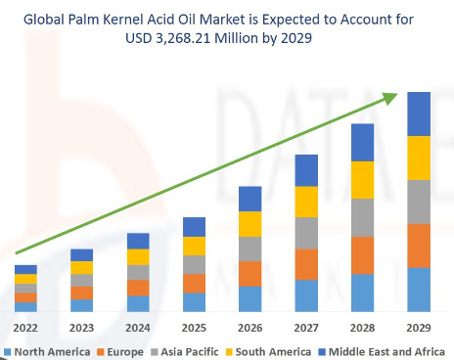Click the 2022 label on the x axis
pos(25,328)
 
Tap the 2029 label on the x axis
pos(420,328)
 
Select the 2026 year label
pos(250,328)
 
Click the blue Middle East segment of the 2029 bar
pos(420,113)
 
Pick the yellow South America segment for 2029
pos(420,157)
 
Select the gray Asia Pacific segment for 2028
pos(363,217)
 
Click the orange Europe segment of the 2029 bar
pos(420,246)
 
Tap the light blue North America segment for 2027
pos(307,295)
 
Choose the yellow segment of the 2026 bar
pos(250,224)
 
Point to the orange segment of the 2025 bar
pos(195,283)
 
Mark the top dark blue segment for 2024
pos(138,241)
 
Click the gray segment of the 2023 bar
pos(82,280)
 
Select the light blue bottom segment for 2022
pos(25,306)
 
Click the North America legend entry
pos(49,350)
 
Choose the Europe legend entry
pos(121,350)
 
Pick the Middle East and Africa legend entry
pos(383,350)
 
